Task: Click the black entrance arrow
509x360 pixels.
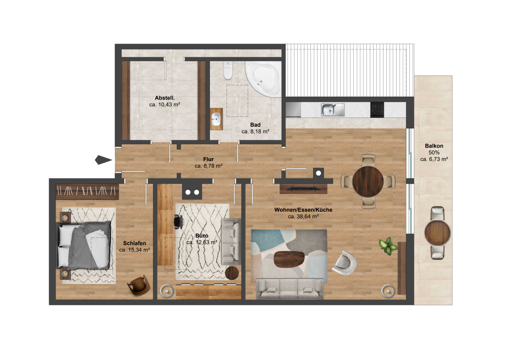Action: point(102,160)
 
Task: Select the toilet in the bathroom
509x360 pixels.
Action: point(228,70)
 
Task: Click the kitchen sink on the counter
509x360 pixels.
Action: point(333,109)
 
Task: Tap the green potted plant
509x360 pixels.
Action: point(387,245)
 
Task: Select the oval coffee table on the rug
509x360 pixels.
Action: point(290,260)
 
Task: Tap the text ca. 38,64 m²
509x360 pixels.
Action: point(303,217)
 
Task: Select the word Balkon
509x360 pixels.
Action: point(434,146)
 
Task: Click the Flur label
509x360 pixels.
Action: point(208,159)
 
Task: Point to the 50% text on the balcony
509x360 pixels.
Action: point(434,153)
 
